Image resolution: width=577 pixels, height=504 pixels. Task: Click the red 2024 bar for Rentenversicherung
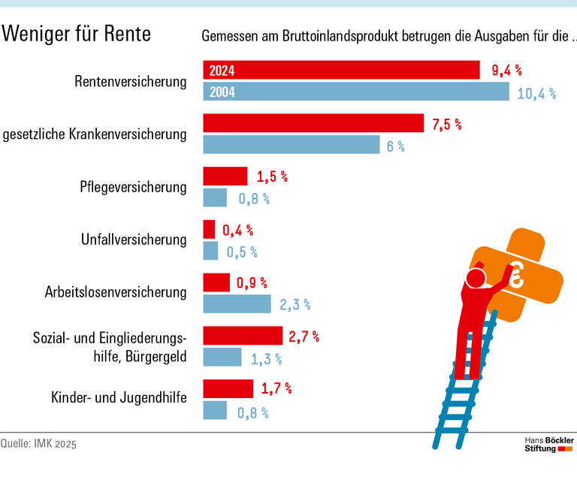tap(341, 71)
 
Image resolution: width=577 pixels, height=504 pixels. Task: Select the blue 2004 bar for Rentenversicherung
tap(356, 92)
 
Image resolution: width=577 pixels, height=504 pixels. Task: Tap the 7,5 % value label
tap(447, 125)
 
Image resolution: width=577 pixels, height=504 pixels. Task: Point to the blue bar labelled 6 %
tap(292, 145)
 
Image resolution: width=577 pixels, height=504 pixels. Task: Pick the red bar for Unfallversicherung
tap(210, 230)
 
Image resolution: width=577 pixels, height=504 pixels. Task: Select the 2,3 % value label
tap(295, 305)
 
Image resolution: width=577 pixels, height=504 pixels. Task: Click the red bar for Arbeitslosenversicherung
tap(216, 283)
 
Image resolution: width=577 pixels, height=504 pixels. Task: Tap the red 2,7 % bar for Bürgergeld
tap(243, 336)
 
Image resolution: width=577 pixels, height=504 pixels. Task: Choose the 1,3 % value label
tap(267, 358)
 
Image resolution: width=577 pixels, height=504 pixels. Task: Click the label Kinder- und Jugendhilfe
tap(119, 397)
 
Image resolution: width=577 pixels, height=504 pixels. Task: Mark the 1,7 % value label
tap(276, 388)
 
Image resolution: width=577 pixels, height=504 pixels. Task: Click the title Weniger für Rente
tap(77, 34)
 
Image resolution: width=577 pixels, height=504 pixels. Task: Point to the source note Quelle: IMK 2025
tap(38, 444)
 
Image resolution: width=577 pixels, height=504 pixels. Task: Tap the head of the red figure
tap(476, 279)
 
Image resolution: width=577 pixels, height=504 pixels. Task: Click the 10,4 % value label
tap(536, 93)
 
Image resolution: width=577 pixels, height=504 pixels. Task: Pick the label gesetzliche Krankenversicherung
tap(95, 134)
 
